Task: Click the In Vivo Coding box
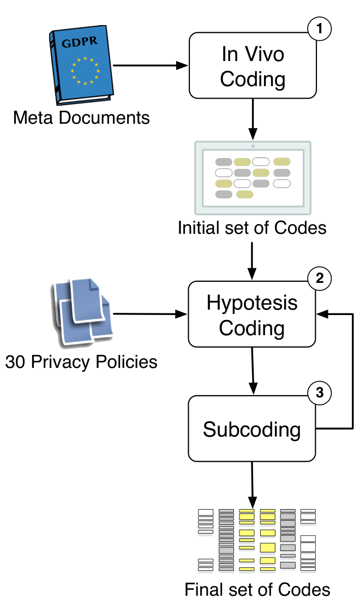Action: (253, 65)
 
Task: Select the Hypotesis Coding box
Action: (252, 314)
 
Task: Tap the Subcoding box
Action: (252, 428)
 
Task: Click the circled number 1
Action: (320, 28)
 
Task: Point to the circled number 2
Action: (320, 278)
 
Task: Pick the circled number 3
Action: (320, 392)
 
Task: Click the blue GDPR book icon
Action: (81, 65)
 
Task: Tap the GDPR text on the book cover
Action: (80, 41)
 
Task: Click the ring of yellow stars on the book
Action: (85, 71)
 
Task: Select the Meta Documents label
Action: (81, 118)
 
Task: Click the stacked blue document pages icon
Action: (81, 312)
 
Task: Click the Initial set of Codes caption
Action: (252, 228)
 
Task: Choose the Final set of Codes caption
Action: (257, 590)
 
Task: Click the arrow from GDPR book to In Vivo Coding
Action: (150, 65)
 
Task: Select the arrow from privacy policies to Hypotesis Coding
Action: (150, 314)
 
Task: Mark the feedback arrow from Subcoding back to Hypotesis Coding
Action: (353, 371)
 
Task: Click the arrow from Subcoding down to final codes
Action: (252, 485)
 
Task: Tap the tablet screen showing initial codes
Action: (253, 178)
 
